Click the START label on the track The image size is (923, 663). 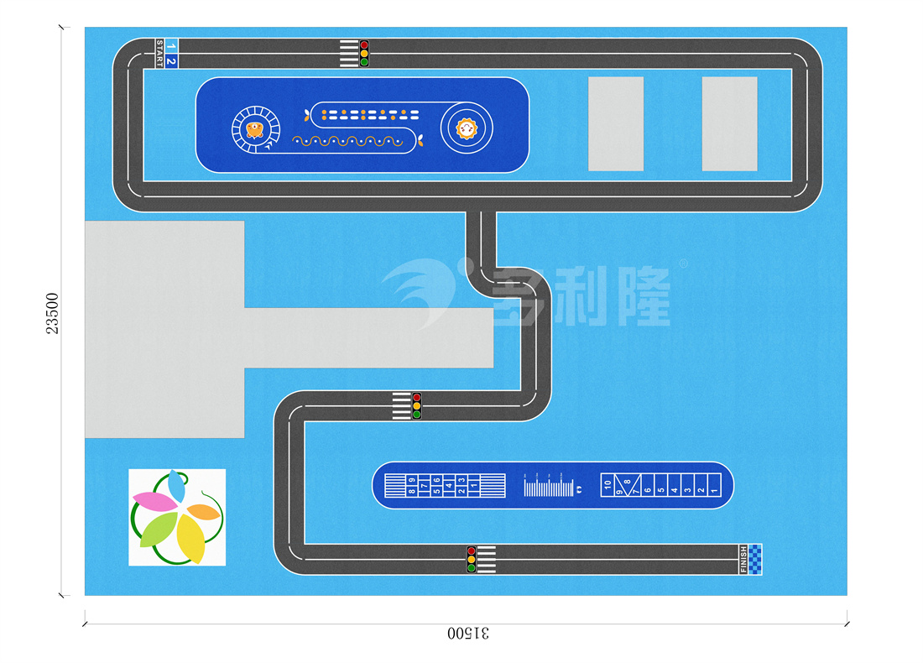[x=159, y=54]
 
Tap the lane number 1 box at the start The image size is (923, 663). [x=171, y=45]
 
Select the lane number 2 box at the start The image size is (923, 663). [x=171, y=61]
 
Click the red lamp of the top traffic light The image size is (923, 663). [x=364, y=44]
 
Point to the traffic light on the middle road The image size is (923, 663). [x=417, y=406]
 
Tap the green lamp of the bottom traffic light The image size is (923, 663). [x=471, y=568]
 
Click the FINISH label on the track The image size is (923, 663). [x=743, y=560]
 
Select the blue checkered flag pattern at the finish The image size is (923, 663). [x=757, y=560]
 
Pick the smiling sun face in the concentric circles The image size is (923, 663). [x=466, y=129]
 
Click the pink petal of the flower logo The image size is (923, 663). [x=154, y=502]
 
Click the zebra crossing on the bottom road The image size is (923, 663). [x=487, y=559]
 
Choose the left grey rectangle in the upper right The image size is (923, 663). [x=616, y=123]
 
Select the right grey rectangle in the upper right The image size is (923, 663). [x=729, y=123]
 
